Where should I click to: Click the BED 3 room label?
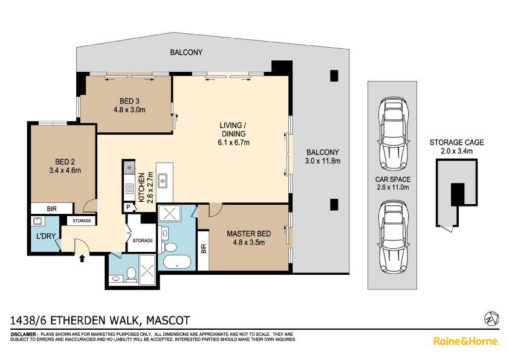pos(129,101)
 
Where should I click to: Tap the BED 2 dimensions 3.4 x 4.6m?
pos(65,170)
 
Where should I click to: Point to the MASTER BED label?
pos(248,234)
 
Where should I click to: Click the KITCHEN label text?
pos(141,187)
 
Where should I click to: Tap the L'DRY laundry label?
pos(46,236)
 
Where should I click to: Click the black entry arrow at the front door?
pos(82,258)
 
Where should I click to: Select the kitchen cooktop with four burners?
pos(129,188)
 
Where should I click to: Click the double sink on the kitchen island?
pos(162,181)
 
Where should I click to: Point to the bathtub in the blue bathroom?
pos(177,262)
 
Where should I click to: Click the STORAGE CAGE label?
pos(457,143)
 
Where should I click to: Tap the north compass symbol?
pos(491,318)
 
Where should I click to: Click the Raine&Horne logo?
pos(466,341)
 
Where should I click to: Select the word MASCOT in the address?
pos(168,320)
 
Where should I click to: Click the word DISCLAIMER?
pos(24,335)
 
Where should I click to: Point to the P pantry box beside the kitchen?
pos(129,207)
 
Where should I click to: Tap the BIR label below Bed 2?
pos(51,209)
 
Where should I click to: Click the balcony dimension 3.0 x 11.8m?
pos(323,161)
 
